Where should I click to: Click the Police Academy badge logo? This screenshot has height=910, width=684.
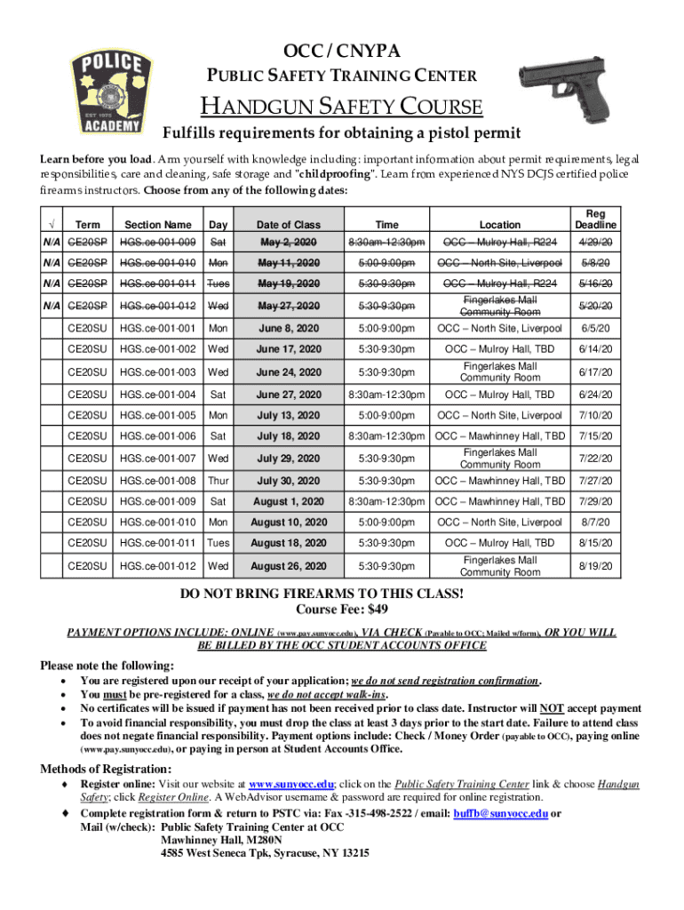[107, 93]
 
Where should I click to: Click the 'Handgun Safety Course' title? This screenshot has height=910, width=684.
[341, 108]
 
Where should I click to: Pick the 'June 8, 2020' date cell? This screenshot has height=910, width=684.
[288, 328]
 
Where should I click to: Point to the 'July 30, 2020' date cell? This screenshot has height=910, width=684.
[288, 481]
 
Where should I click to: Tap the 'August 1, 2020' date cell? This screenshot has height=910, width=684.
[288, 501]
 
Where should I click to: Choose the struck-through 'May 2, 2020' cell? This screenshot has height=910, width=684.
[288, 242]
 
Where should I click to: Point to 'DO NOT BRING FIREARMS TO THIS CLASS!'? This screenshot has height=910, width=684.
[341, 595]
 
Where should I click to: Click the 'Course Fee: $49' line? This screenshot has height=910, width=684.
[341, 610]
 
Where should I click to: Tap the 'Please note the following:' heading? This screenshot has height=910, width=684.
[107, 666]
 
